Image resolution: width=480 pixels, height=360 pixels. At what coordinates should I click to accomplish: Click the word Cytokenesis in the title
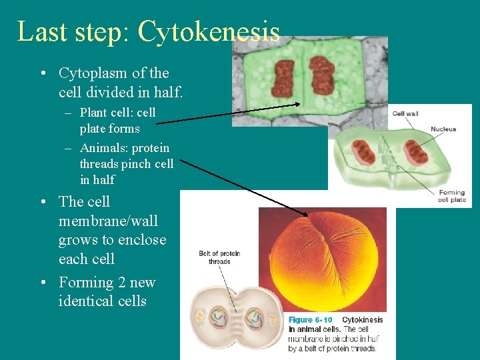[x=209, y=32]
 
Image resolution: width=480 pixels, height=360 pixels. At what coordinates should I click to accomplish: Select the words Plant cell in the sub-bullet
[x=106, y=113]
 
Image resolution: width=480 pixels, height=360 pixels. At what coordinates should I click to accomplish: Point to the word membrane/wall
[x=108, y=221]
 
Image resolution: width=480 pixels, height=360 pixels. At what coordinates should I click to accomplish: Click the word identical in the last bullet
[x=86, y=301]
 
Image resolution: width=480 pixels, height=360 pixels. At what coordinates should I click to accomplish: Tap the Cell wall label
[x=405, y=114]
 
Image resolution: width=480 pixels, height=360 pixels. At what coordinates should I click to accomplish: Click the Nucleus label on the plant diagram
[x=443, y=129]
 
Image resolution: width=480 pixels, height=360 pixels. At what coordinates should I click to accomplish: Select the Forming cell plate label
[x=452, y=196]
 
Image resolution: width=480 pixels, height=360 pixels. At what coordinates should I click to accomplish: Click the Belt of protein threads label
[x=219, y=257]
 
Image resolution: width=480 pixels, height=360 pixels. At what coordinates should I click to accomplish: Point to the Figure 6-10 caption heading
[x=311, y=320]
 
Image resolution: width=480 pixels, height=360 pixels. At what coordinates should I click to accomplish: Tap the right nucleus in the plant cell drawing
[x=415, y=152]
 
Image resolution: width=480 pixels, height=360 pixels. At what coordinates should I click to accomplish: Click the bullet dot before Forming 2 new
[x=42, y=283]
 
